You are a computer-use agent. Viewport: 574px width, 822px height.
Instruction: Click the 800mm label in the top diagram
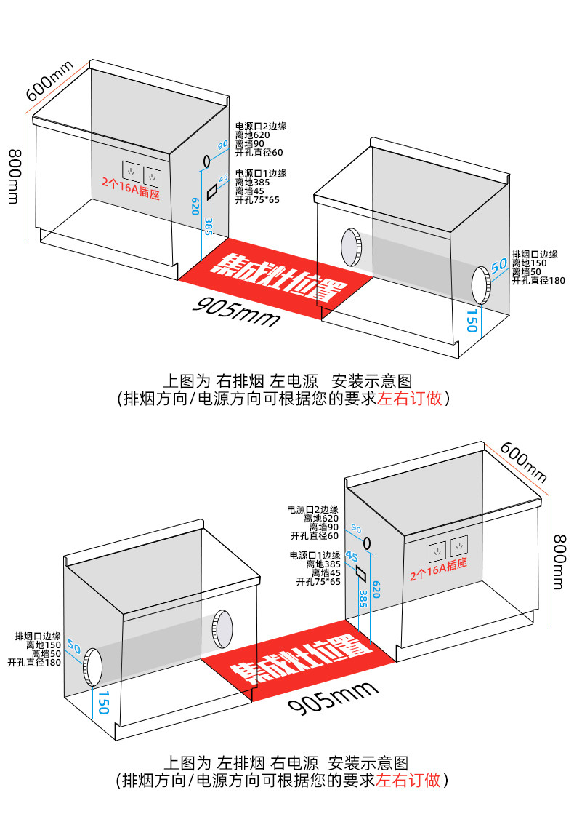14,177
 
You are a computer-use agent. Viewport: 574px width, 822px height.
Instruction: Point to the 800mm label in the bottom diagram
560,562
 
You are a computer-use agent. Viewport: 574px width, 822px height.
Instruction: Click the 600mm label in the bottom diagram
523,461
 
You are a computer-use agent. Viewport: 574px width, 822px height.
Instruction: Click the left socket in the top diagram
131,169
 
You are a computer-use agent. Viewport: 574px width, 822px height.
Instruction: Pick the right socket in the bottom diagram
458,546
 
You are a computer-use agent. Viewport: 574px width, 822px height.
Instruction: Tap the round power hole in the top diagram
206,161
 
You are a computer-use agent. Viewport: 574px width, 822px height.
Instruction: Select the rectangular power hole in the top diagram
212,192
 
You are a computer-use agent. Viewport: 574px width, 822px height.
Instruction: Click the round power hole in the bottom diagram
368,543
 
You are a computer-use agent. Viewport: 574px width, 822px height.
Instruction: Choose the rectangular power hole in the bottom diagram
361,572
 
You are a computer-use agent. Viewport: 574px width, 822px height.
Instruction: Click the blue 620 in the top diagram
195,206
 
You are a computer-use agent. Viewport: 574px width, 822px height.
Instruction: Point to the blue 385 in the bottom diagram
363,599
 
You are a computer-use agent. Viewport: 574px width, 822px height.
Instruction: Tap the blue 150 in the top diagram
472,321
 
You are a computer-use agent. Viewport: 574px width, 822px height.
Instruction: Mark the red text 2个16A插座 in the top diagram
131,188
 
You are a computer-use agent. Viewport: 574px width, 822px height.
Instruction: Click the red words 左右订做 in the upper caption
410,399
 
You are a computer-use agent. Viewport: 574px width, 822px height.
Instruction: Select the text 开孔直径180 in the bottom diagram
34,663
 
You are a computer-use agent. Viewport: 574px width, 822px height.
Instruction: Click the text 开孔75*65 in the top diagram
257,200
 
